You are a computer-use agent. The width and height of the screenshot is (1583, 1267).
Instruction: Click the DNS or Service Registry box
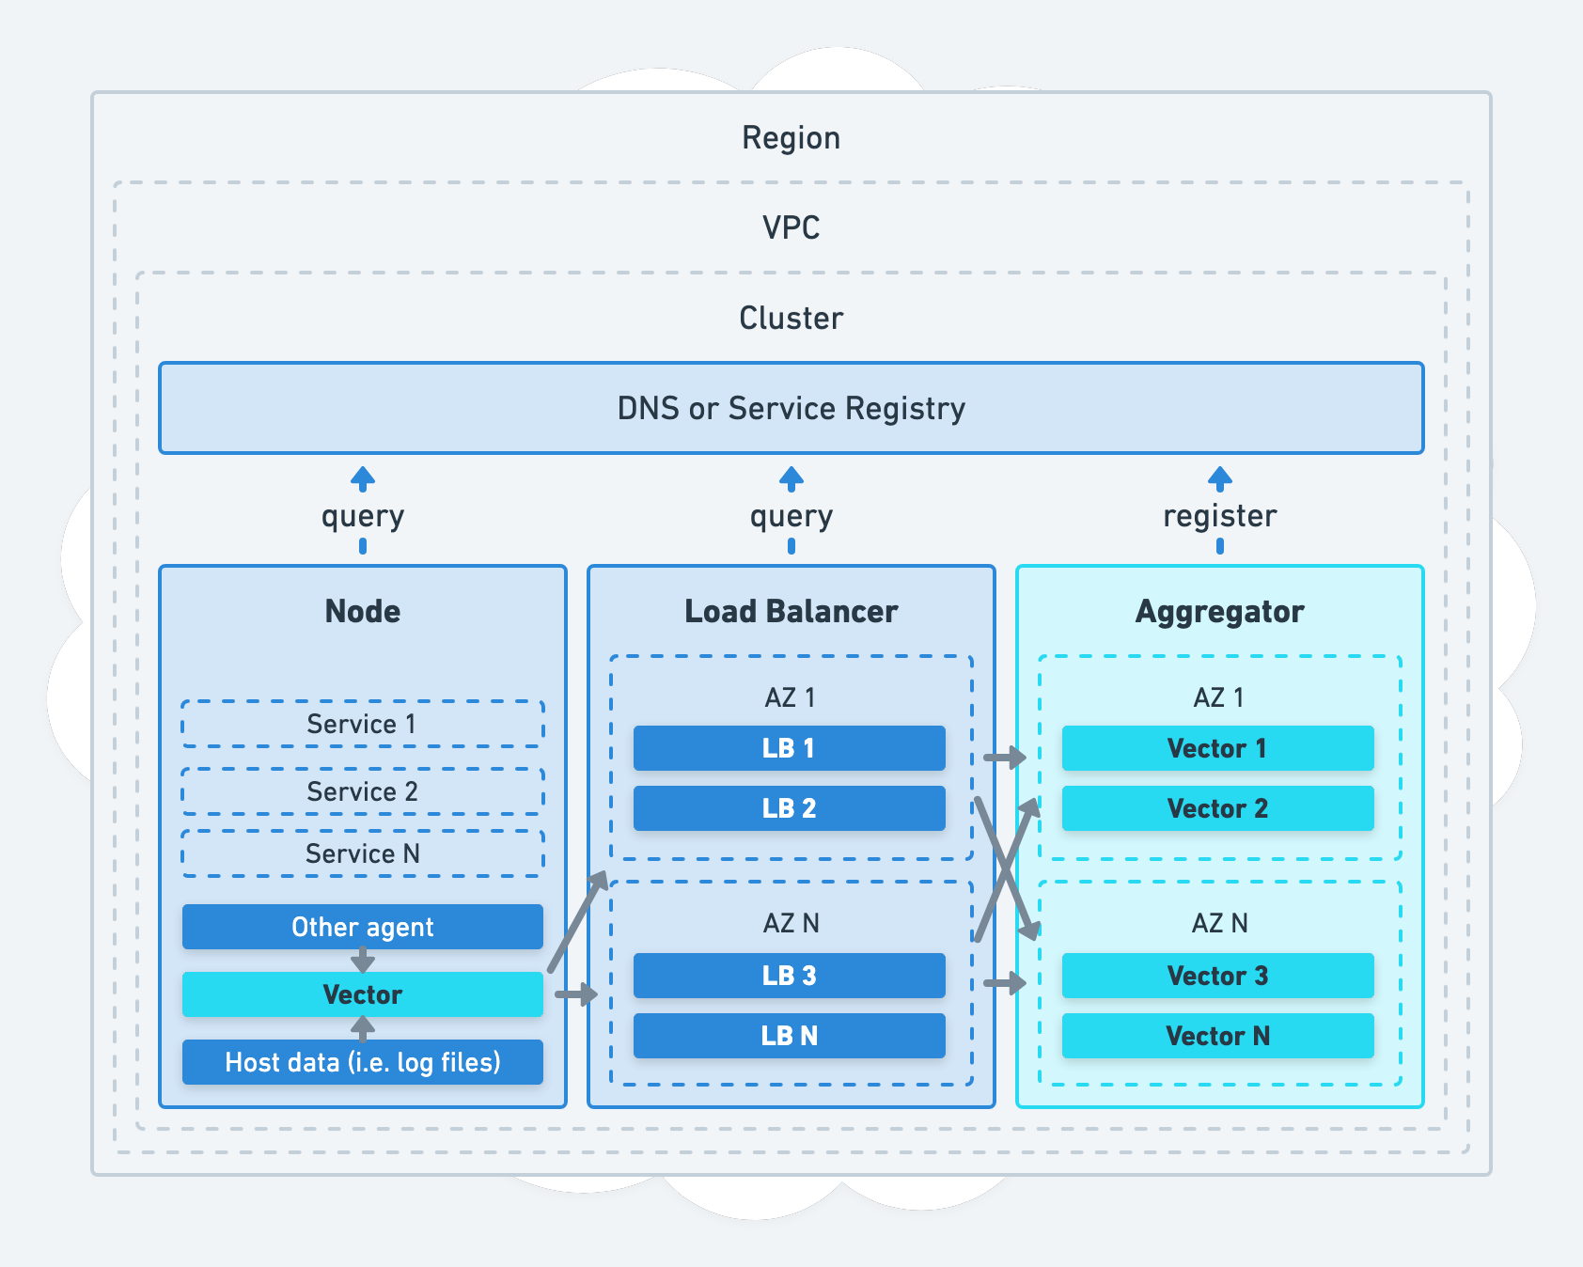point(791,408)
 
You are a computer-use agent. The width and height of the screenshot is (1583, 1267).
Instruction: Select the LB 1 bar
point(789,748)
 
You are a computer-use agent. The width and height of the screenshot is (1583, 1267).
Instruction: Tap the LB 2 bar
point(789,808)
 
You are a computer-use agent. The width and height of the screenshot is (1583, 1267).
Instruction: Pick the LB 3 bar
point(789,976)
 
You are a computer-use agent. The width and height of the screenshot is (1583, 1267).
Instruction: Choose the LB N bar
point(789,1036)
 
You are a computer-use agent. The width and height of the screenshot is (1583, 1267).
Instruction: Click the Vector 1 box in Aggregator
point(1217,748)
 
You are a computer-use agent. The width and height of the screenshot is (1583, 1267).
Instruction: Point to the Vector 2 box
point(1217,808)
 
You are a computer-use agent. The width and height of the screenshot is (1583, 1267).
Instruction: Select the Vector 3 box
point(1217,976)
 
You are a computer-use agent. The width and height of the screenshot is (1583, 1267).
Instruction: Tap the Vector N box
point(1217,1036)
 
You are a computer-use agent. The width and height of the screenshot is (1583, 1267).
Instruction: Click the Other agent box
point(362,927)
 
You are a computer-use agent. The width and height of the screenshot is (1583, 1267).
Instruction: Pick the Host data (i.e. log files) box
point(362,1062)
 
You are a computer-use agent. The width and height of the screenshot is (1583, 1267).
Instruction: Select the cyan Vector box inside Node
point(362,994)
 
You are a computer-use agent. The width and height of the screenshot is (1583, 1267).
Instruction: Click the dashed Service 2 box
point(362,791)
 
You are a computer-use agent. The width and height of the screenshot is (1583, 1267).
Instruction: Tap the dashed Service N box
point(362,853)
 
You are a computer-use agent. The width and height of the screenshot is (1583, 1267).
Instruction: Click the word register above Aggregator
point(1219,515)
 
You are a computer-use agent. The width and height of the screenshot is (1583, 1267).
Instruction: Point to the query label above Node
point(362,516)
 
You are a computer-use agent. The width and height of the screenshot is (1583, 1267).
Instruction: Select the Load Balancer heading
point(791,611)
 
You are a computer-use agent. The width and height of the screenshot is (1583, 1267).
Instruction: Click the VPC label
point(791,227)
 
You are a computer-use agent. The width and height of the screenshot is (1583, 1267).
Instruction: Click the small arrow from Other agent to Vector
point(363,961)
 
